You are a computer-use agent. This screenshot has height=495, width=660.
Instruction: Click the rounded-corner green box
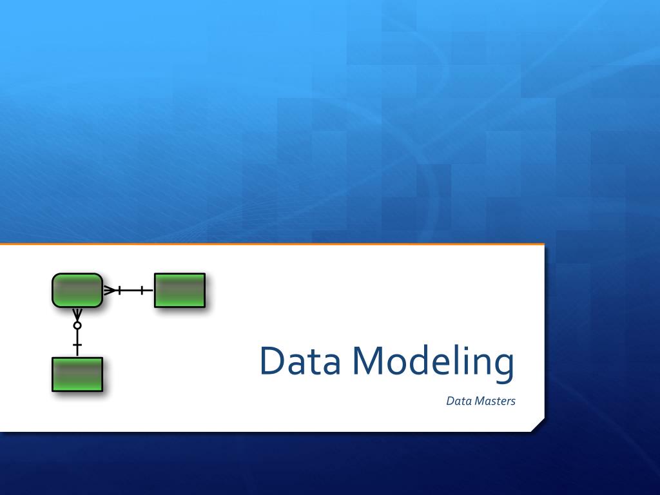77,290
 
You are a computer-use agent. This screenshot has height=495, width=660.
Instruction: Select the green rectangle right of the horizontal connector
180,291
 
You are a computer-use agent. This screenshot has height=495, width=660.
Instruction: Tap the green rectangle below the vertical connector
77,374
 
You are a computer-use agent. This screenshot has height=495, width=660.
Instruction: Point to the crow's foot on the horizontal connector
110,291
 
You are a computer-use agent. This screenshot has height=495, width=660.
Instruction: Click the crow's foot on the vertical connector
77,314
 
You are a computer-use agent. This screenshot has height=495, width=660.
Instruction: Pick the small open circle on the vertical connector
77,326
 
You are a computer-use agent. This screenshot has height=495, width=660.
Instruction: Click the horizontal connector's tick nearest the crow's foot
120,291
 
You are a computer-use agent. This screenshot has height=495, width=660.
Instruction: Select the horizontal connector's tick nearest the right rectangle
142,291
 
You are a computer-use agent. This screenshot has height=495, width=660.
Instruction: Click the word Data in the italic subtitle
459,401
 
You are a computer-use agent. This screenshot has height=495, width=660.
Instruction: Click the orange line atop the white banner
271,244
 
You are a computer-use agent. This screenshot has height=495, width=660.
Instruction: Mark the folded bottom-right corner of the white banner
538,425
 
